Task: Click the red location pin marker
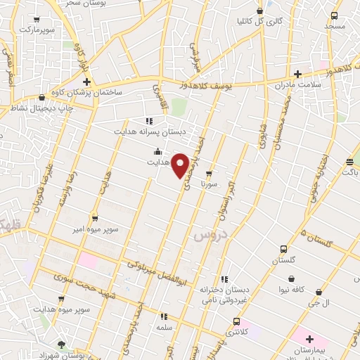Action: (181, 165)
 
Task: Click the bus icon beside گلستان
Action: (283, 249)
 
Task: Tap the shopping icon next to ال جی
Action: (319, 292)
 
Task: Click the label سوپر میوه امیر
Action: (94, 230)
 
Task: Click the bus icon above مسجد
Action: (335, 15)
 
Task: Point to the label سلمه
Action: (165, 328)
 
